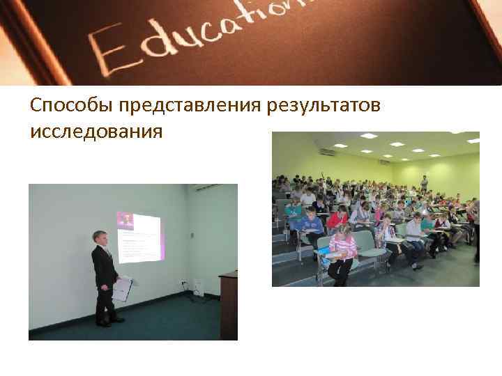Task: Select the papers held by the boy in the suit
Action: [122, 288]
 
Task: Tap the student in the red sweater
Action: [337, 220]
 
